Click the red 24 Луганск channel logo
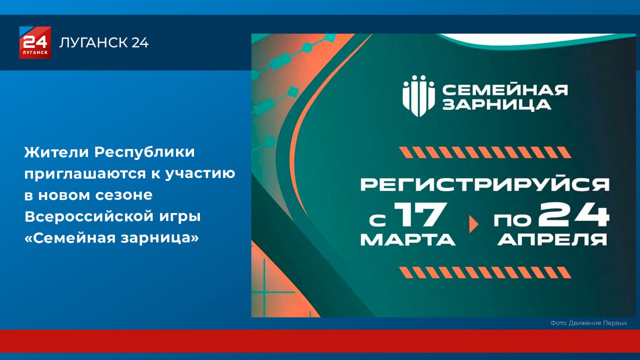click(35, 42)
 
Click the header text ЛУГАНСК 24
click(104, 42)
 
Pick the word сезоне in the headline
click(123, 195)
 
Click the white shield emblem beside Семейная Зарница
click(419, 96)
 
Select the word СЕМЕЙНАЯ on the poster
click(505, 90)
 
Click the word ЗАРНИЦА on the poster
click(497, 104)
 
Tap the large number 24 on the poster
click(573, 214)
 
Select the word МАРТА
click(407, 239)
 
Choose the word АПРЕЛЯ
click(552, 239)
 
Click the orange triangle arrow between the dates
click(473, 224)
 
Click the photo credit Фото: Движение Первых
click(588, 323)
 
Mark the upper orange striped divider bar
click(485, 152)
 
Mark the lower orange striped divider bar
click(485, 272)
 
